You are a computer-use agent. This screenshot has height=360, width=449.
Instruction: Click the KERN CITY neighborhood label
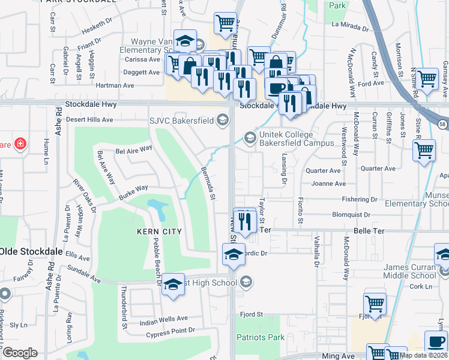(x=159, y=231)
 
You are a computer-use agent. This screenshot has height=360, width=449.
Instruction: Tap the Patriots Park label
(x=260, y=337)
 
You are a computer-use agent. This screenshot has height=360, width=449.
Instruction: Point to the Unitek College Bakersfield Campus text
(x=296, y=139)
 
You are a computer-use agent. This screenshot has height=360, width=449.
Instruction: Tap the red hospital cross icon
(x=20, y=144)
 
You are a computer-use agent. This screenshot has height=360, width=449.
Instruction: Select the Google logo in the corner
(x=20, y=353)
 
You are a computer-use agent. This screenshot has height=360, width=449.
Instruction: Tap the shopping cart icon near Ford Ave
(x=427, y=79)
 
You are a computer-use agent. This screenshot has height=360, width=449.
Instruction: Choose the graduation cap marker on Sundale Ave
(x=173, y=284)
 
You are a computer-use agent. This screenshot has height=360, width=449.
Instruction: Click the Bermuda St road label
(x=208, y=183)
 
